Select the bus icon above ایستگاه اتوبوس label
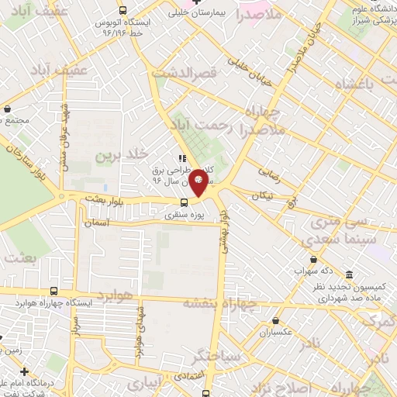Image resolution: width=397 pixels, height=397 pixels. (123, 10)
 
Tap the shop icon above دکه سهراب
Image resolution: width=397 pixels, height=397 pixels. (313, 259)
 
